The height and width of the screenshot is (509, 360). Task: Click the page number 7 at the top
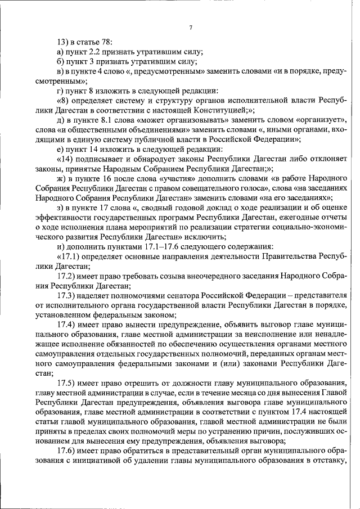tap(191, 28)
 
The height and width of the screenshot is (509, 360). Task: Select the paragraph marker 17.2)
tap(66, 276)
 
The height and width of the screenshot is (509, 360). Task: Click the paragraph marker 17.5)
tap(66, 382)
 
